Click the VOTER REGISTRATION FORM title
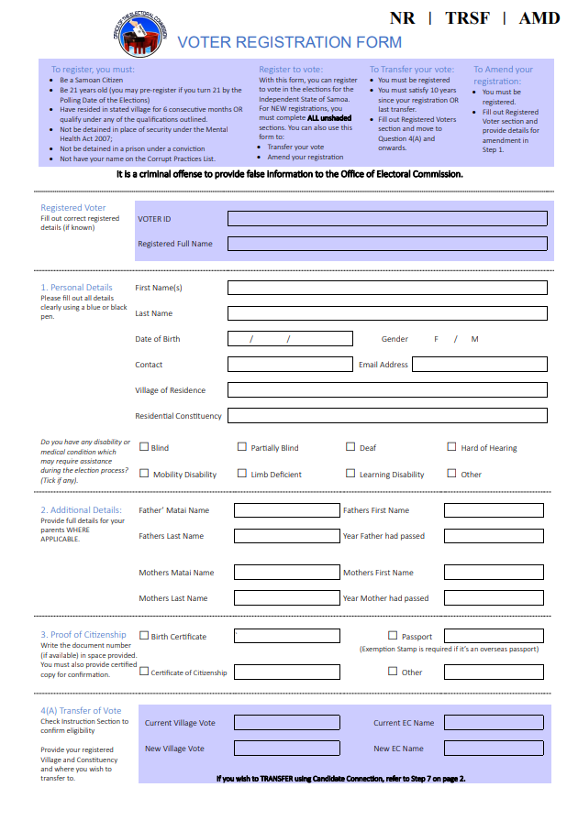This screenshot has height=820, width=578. click(x=289, y=42)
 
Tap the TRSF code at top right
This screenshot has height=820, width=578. click(x=468, y=18)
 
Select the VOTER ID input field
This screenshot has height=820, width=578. click(x=387, y=219)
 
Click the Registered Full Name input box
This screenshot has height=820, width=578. click(x=387, y=244)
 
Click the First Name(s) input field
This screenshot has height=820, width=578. click(x=387, y=288)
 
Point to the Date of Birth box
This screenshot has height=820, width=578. click(x=290, y=339)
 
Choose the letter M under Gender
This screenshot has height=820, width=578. click(x=475, y=339)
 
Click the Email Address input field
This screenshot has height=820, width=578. click(x=479, y=365)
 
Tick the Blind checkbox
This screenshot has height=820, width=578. click(x=144, y=447)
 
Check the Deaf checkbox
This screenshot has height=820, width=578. click(x=350, y=447)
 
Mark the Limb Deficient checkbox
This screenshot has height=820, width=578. click(x=242, y=474)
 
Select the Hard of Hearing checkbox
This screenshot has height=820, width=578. click(x=451, y=447)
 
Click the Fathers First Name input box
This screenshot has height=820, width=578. click(x=494, y=510)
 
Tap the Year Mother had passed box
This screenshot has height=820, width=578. click(x=494, y=598)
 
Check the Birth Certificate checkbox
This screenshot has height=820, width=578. click(x=144, y=635)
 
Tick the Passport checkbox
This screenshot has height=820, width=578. click(x=393, y=635)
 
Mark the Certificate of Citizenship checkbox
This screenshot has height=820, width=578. click(x=144, y=671)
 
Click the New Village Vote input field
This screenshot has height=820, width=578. click(x=274, y=749)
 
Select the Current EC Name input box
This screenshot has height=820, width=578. click(x=494, y=723)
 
